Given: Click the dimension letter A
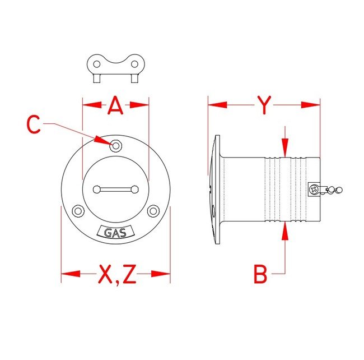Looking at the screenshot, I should [x=115, y=105].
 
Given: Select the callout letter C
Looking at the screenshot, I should [x=34, y=124].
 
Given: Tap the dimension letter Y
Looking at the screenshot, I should [x=264, y=105].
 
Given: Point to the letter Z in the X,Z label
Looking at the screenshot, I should [x=129, y=274].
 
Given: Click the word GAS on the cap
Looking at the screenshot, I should [x=115, y=231].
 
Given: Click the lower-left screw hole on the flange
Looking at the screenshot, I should [x=78, y=211].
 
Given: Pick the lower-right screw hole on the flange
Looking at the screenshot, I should [x=153, y=211].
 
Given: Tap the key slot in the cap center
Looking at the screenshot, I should [x=115, y=189].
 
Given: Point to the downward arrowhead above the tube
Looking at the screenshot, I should [x=286, y=149].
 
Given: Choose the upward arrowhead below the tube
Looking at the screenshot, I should [x=286, y=230].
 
